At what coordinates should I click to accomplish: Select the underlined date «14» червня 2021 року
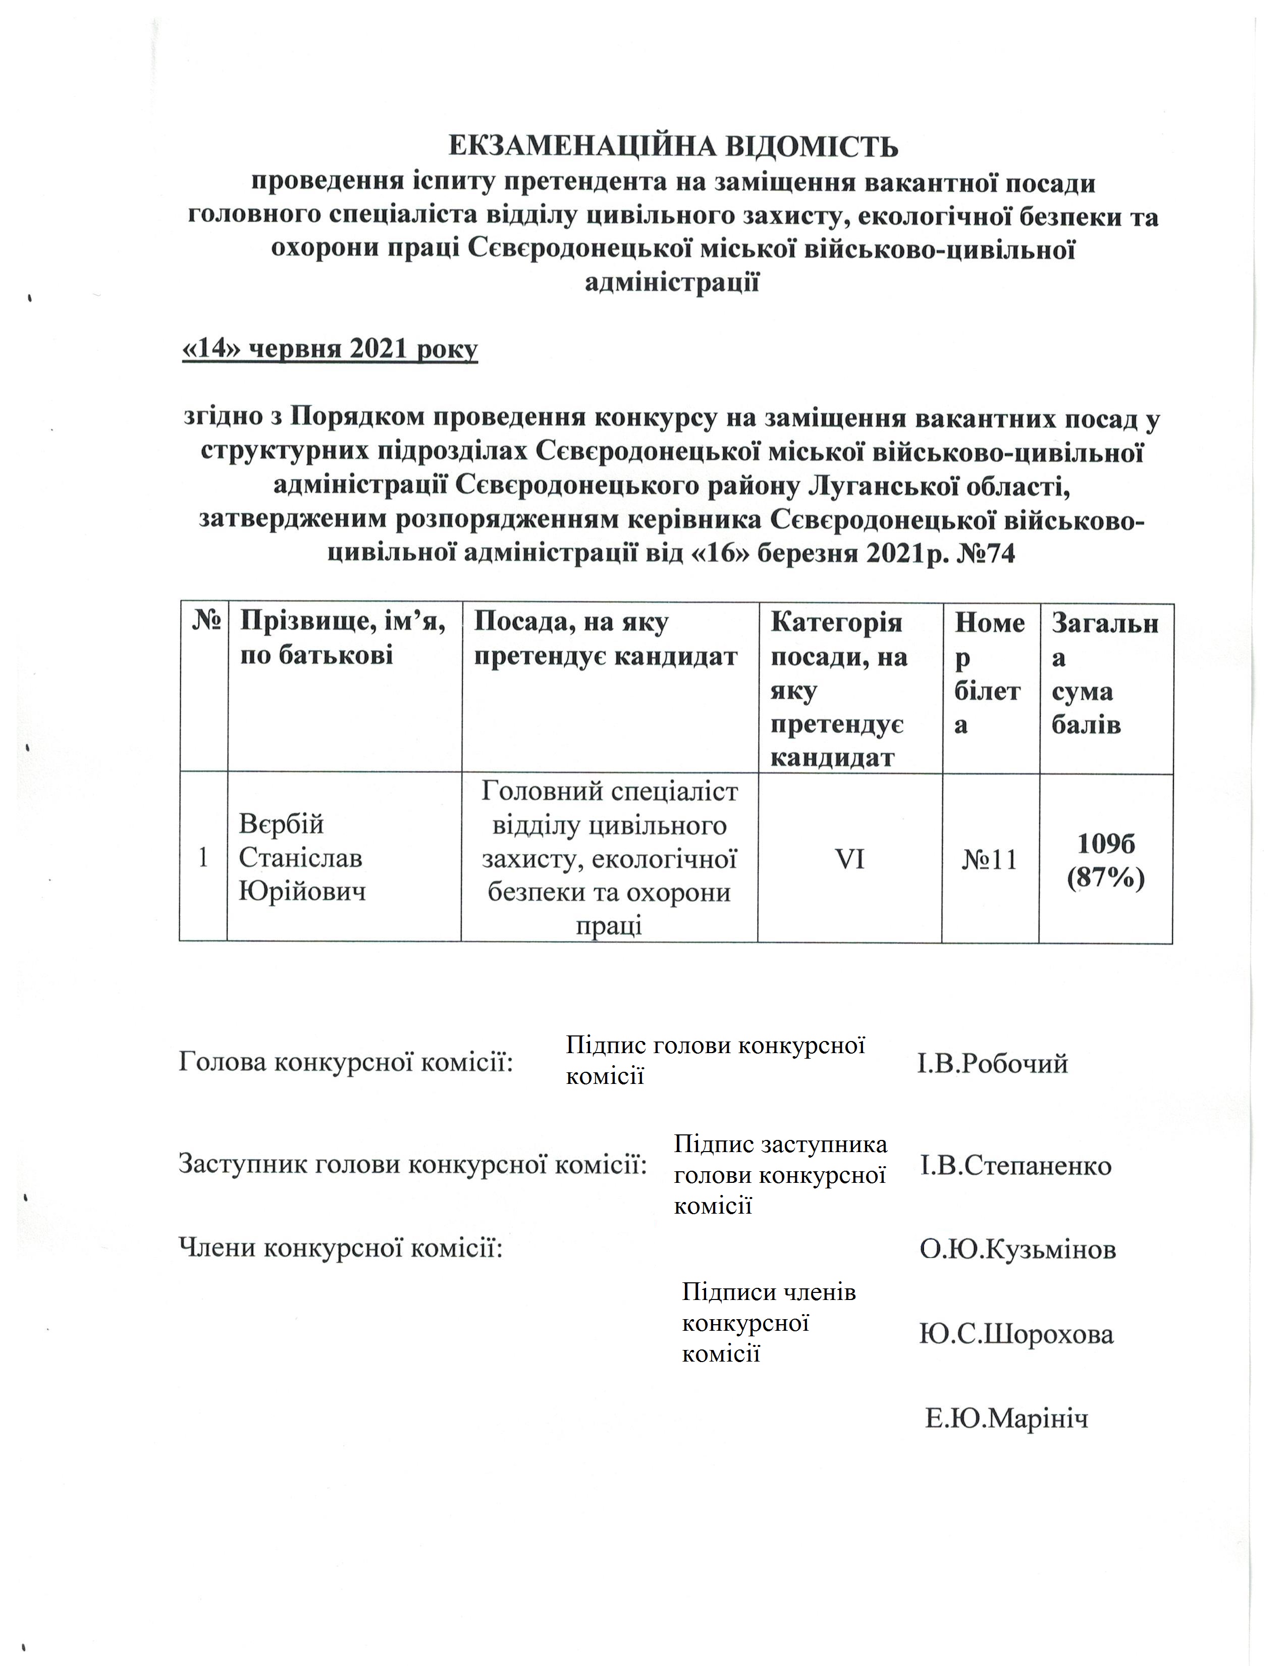coord(330,349)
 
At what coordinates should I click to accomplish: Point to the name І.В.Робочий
coord(992,1063)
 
